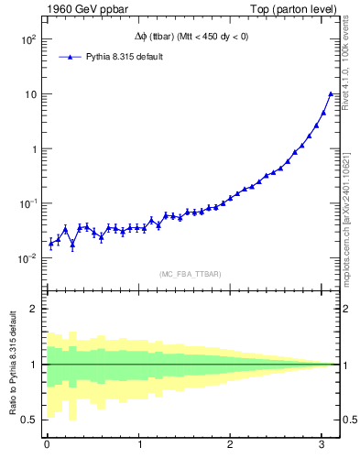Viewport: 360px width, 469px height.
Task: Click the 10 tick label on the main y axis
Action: pyautogui.click(x=29, y=94)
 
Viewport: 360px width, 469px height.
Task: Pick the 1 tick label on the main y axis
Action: pyautogui.click(x=32, y=148)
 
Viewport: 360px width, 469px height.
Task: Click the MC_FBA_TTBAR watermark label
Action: pyautogui.click(x=190, y=273)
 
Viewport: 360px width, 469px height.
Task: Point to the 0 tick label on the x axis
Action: pyautogui.click(x=47, y=445)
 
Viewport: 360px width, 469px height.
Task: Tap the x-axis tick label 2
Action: pyautogui.click(x=230, y=445)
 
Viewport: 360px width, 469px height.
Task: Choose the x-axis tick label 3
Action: pyautogui.click(x=322, y=445)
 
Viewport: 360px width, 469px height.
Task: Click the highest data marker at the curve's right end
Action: pyautogui.click(x=331, y=93)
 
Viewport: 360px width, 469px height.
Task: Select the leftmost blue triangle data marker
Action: pyautogui.click(x=50, y=243)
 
